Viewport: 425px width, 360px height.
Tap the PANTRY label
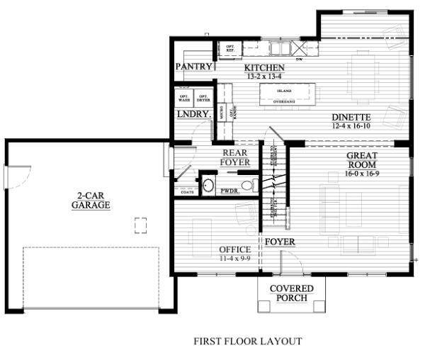tap(194, 67)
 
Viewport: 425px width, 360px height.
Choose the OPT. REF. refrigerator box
tap(230, 48)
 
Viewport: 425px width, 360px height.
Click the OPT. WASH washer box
tap(183, 99)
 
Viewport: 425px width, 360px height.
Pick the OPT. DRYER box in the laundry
tap(203, 99)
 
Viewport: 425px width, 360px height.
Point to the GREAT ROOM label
tap(362, 160)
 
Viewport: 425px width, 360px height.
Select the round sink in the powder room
tap(208, 186)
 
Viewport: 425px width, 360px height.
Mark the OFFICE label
tap(234, 250)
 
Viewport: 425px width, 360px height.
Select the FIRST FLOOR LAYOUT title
tap(247, 342)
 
